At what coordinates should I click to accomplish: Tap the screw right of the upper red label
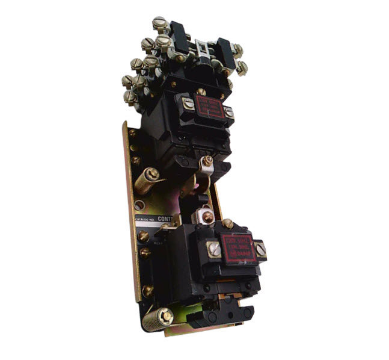(x=228, y=112)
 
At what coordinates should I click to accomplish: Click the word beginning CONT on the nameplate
(x=165, y=220)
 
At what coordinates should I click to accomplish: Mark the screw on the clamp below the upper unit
(x=206, y=161)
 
